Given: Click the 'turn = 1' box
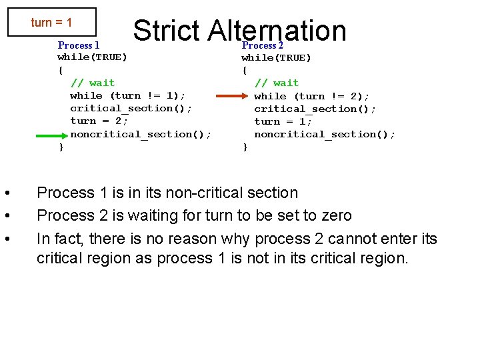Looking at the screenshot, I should [x=51, y=23].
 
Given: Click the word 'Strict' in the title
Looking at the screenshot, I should [x=166, y=30].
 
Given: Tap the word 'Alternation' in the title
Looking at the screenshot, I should [x=277, y=30].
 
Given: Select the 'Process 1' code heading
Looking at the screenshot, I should [x=79, y=45].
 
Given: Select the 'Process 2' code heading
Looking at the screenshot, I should [x=263, y=45].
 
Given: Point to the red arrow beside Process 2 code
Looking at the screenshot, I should [x=233, y=97].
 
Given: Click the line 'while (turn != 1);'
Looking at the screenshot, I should [x=126, y=95].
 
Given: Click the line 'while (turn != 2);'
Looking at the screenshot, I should [x=311, y=96].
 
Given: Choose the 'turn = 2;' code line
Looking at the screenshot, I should [x=99, y=121].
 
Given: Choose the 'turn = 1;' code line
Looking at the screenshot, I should [x=283, y=121].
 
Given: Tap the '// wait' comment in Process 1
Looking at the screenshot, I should [x=93, y=83].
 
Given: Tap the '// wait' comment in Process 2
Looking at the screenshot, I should [x=277, y=83].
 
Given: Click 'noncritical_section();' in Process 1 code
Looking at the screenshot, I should [x=141, y=134].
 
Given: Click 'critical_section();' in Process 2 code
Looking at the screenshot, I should [x=315, y=109].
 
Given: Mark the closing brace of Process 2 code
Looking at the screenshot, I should [x=245, y=147].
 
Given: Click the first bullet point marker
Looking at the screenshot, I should [x=6, y=193].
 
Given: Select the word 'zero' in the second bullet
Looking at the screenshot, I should [x=335, y=215].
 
